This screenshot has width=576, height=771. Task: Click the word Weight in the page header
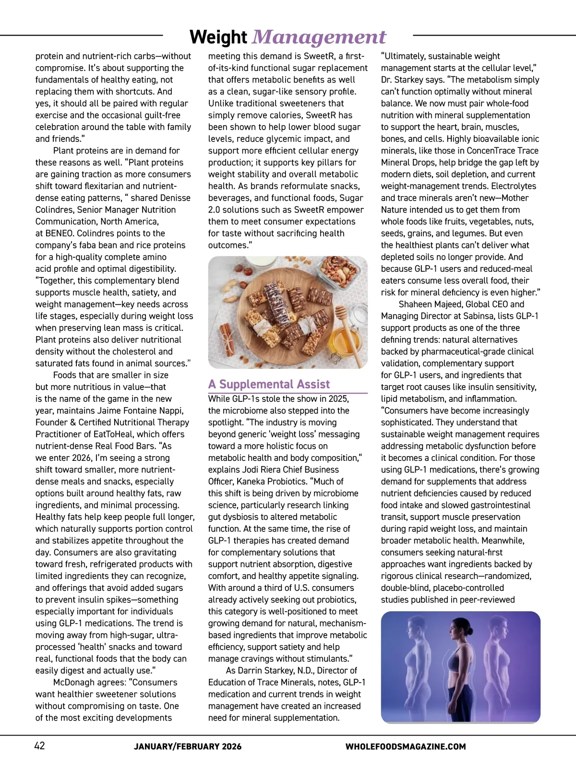[x=218, y=37]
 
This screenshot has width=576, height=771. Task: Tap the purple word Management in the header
[x=319, y=37]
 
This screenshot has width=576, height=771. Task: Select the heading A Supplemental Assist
[x=269, y=384]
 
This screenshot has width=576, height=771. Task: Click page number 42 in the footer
[x=39, y=746]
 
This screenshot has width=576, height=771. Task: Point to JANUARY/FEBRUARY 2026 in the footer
[x=188, y=747]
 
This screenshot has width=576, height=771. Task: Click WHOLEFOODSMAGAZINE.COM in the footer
[x=406, y=747]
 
